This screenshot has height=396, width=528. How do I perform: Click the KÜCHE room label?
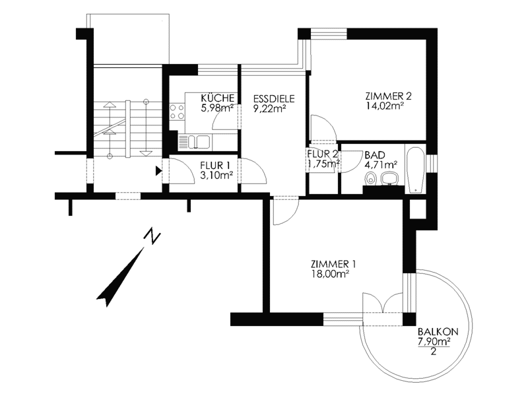[218, 98]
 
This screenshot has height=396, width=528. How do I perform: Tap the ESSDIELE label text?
[274, 98]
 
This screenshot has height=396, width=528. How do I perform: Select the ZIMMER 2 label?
[389, 96]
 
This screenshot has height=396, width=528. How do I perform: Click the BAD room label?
[375, 155]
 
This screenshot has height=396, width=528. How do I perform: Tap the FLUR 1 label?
[215, 166]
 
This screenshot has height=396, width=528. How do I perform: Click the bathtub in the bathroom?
[415, 170]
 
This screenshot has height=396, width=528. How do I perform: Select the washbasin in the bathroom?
[390, 179]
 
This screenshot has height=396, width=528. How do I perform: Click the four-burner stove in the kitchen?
[177, 112]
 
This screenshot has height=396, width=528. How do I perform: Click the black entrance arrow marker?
[158, 171]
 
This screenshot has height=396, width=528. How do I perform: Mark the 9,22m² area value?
[270, 108]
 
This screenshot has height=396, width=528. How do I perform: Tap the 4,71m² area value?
[381, 164]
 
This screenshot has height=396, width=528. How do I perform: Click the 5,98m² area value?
[217, 108]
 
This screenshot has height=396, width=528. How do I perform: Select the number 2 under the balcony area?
[434, 352]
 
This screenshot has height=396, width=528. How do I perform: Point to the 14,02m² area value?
[385, 106]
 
